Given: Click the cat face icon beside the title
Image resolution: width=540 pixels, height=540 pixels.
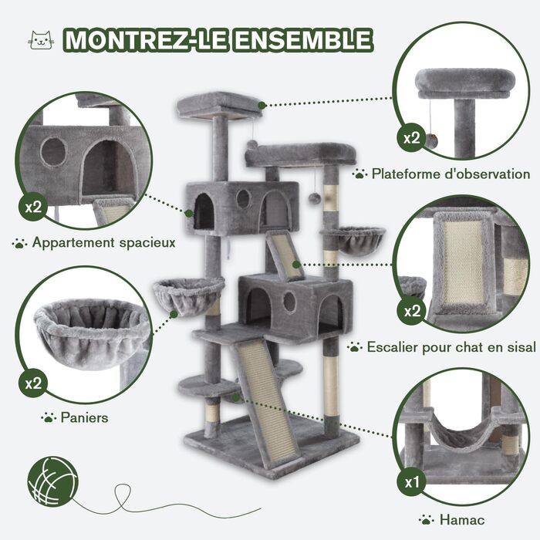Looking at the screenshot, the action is (41, 40).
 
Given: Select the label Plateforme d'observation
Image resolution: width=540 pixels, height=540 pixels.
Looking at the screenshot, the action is (451, 174).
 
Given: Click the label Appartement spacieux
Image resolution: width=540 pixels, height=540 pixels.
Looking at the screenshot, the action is (103, 243).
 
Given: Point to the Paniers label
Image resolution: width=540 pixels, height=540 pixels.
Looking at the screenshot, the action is (84, 418).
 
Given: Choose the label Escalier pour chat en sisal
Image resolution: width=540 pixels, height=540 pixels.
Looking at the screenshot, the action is (451, 347).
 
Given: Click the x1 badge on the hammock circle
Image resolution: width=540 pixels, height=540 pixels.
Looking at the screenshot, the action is (412, 483).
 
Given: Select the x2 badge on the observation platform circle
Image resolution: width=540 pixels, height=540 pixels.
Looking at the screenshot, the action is (411, 138).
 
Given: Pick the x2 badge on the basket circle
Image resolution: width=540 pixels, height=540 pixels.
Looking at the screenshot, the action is (33, 383).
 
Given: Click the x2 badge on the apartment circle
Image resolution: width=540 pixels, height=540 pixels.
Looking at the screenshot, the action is (33, 207).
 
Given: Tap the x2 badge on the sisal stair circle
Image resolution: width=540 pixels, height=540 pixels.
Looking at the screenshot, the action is (412, 311).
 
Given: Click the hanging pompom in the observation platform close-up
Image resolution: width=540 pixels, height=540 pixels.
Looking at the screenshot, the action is (431, 140).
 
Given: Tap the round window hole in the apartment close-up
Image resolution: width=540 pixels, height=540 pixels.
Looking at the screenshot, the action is (53, 151).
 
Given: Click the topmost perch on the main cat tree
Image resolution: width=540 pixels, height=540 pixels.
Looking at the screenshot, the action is (220, 105).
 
